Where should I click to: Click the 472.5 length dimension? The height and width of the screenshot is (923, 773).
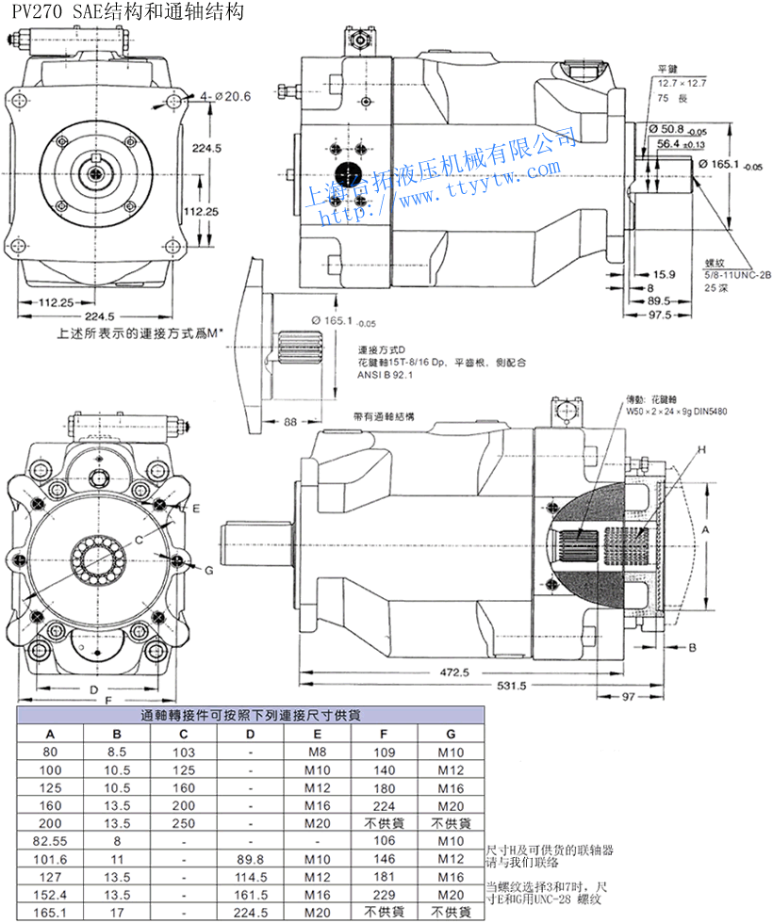click(452, 672)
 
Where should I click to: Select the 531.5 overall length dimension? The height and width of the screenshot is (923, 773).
click(510, 686)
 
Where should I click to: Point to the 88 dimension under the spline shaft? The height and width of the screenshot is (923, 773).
click(289, 421)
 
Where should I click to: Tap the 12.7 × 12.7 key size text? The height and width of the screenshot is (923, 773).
click(682, 84)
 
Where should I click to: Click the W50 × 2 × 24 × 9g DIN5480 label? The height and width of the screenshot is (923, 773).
click(676, 411)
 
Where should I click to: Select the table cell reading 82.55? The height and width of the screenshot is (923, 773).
click(50, 840)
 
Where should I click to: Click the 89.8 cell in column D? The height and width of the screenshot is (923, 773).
click(251, 859)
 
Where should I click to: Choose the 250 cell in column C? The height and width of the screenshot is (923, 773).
click(184, 822)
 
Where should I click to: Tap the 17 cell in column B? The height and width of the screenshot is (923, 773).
click(117, 913)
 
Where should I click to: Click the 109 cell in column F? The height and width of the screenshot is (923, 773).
click(385, 752)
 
